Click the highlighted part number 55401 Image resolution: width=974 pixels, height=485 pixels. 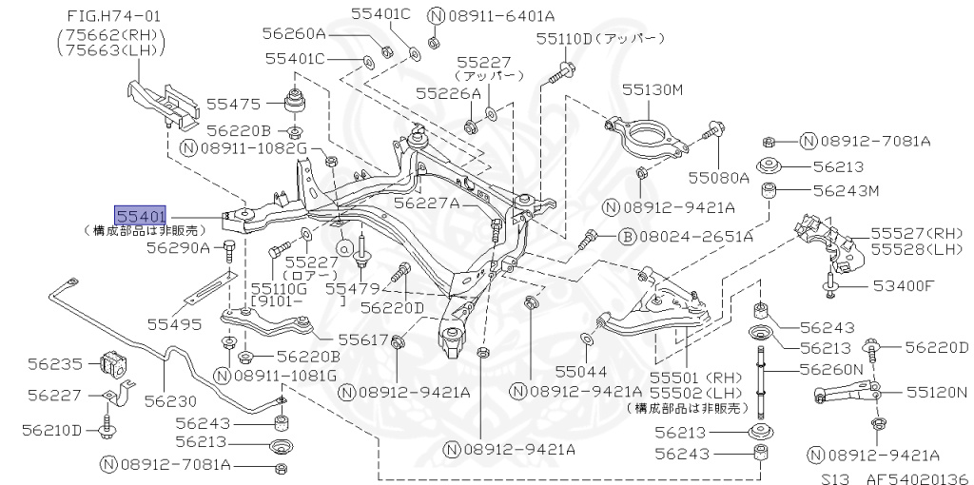point(141,215)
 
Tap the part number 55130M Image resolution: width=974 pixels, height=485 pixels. point(653,89)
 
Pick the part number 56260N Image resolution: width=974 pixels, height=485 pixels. point(830,368)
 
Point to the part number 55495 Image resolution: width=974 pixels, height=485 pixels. point(174,324)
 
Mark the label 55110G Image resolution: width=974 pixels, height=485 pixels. point(278,287)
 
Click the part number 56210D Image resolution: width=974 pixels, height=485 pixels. point(54,430)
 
